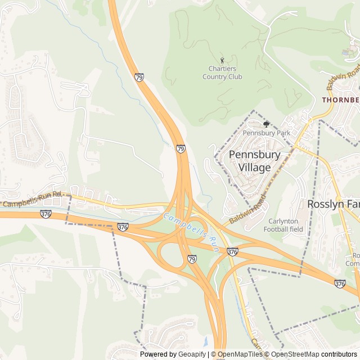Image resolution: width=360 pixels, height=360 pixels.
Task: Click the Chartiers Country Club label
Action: click(x=222, y=73)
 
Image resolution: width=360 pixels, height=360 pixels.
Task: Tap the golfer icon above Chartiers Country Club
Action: click(x=222, y=60)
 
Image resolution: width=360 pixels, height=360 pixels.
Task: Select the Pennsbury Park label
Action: click(x=266, y=133)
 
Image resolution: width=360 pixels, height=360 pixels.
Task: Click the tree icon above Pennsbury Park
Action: click(x=266, y=124)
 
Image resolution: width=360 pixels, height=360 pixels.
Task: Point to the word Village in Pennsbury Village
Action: click(x=254, y=168)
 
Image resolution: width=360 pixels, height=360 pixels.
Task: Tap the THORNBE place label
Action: click(x=340, y=100)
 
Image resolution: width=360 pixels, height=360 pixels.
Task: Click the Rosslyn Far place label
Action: click(x=332, y=204)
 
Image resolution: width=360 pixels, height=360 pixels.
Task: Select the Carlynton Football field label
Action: click(x=283, y=225)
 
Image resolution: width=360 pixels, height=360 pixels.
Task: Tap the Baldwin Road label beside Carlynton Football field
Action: click(x=247, y=209)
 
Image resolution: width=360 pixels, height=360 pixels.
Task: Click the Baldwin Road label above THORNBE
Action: click(x=343, y=78)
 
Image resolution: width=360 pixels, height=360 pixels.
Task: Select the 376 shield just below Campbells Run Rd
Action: click(x=46, y=214)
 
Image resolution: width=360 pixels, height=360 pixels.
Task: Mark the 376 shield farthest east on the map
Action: click(x=339, y=283)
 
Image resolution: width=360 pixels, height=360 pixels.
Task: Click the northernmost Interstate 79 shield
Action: click(x=139, y=76)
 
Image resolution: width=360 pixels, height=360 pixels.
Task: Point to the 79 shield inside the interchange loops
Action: click(x=192, y=259)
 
